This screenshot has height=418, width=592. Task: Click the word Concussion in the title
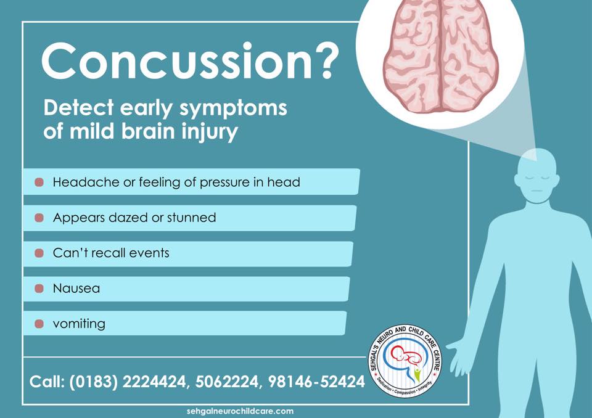coord(177,61)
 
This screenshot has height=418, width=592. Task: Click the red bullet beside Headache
coord(39,182)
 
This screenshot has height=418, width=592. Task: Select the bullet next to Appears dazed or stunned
coord(39,218)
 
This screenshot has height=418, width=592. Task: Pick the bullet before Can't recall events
coord(39,253)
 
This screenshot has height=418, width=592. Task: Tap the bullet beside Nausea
coord(39,289)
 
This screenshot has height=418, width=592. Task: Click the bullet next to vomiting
coord(39,324)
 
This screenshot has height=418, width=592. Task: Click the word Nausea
coord(76,289)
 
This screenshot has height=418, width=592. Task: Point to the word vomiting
coord(79,324)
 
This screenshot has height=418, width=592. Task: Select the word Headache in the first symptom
coord(86,182)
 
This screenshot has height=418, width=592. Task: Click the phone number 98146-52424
coord(316,382)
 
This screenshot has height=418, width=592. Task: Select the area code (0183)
coord(94,382)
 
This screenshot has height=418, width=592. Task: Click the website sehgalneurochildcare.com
coord(240,411)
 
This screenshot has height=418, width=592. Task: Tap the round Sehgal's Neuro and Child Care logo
coord(405,361)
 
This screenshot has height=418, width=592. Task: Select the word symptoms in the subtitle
coord(233,109)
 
